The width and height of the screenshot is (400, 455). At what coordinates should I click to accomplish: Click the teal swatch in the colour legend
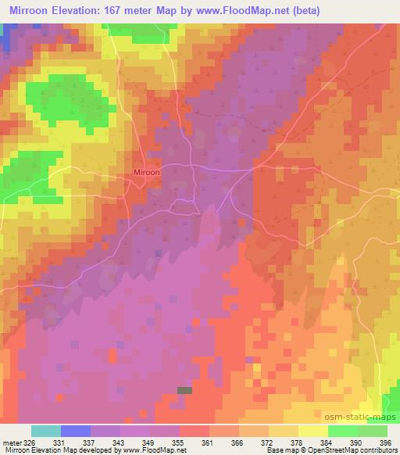(46, 431)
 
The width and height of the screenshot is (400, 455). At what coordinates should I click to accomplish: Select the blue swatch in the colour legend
(76, 431)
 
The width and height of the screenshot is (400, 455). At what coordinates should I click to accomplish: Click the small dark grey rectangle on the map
(184, 389)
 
